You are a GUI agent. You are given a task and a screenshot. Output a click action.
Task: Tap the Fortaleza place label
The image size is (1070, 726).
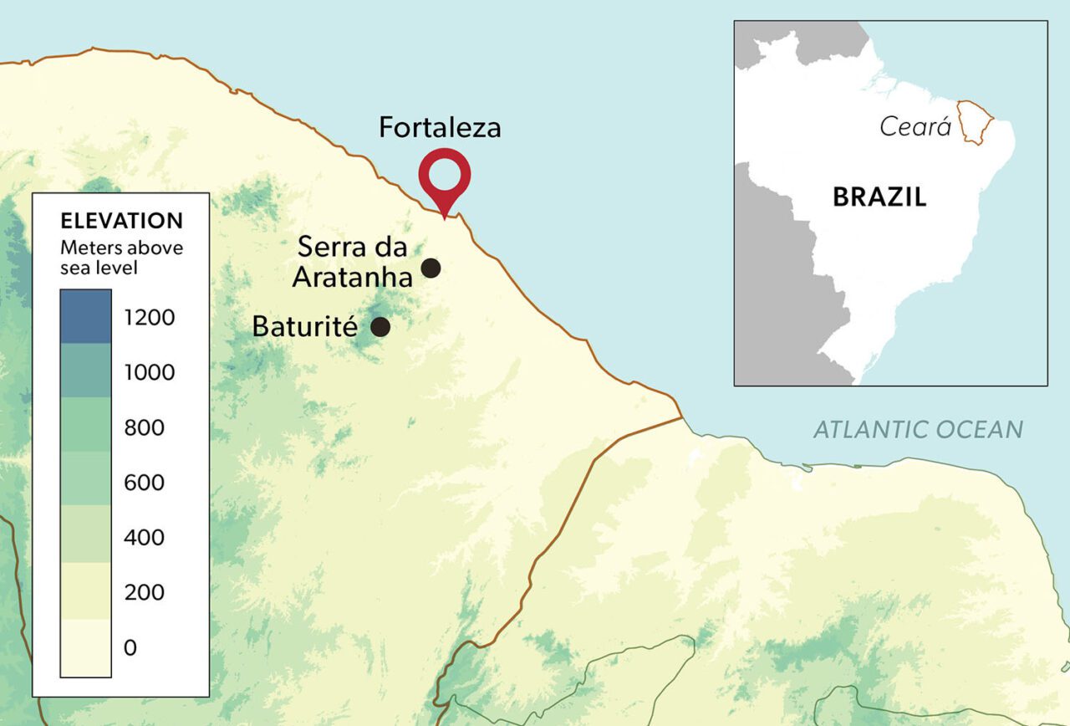point(440,127)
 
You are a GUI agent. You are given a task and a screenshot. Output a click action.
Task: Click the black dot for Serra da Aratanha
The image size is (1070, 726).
point(431,268)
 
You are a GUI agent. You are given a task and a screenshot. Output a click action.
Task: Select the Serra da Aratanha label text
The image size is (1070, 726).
point(352,262)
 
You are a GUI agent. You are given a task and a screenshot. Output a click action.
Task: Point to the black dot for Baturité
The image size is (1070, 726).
point(380,326)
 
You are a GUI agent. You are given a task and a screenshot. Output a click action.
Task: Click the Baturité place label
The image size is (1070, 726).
point(304,326)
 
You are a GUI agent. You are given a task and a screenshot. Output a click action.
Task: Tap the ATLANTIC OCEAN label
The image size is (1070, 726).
point(918,430)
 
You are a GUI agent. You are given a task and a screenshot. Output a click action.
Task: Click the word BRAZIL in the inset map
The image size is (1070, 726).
point(879,197)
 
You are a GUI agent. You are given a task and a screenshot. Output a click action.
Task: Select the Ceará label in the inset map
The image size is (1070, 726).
point(915,127)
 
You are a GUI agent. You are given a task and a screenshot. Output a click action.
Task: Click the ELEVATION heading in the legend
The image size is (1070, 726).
point(121,221)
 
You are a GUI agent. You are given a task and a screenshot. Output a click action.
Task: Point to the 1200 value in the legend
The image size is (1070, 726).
point(150,318)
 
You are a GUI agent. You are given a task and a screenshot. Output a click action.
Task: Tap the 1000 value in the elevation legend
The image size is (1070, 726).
point(150,373)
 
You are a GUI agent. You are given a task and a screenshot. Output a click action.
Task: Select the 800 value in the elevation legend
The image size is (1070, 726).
point(145,428)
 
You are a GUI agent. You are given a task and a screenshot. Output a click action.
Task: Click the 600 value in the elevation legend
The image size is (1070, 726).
point(145,483)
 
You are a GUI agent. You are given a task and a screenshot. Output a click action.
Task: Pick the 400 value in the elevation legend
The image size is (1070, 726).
point(145,537)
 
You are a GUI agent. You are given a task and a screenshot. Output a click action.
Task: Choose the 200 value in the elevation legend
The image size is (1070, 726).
point(145,592)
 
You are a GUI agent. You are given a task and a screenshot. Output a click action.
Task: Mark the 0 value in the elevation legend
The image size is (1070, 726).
point(130,647)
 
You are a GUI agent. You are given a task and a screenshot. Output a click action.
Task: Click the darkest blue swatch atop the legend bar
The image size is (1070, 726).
point(85,316)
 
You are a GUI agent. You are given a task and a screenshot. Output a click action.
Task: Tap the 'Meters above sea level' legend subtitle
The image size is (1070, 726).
point(121,258)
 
